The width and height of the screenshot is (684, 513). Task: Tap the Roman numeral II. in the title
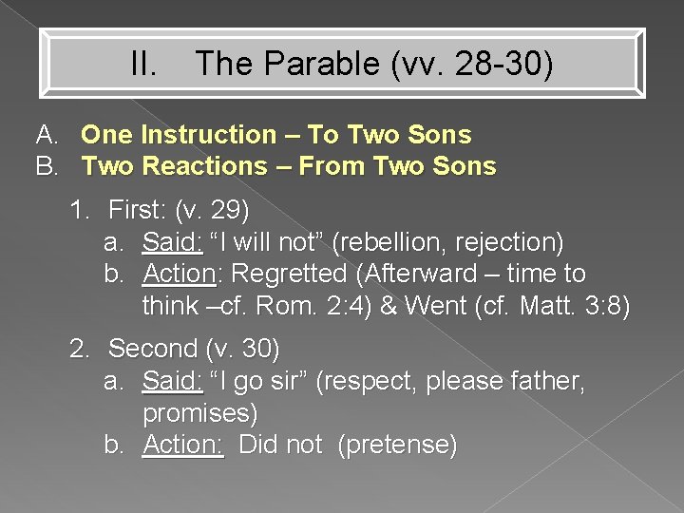pyautogui.click(x=146, y=65)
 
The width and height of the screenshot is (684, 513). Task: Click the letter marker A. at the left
pyautogui.click(x=48, y=136)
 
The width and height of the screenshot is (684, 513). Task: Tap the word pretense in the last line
pyautogui.click(x=397, y=445)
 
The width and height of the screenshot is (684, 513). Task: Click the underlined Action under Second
pyautogui.click(x=181, y=445)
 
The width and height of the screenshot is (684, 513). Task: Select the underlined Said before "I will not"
pyautogui.click(x=171, y=242)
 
